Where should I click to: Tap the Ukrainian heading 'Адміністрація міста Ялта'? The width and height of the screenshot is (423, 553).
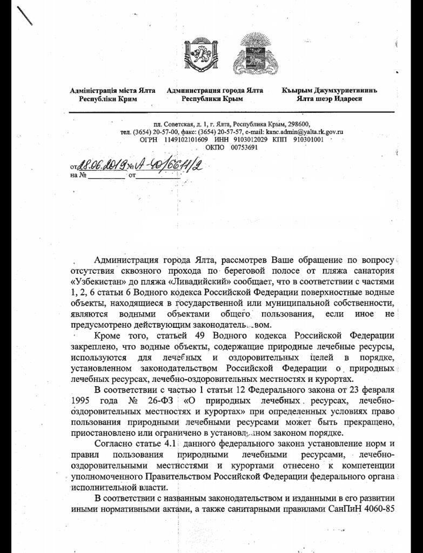point(113,91)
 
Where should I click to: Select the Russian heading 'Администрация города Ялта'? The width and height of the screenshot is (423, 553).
point(215,91)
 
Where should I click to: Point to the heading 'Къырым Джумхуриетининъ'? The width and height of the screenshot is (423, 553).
point(328,91)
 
